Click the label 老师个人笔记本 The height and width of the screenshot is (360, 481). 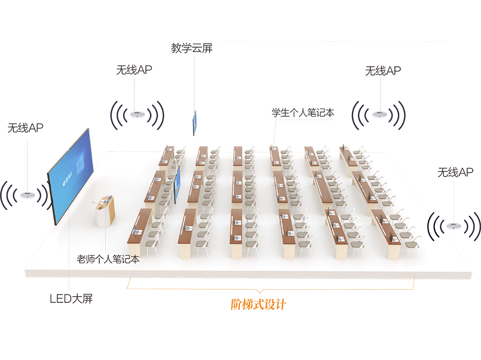(108, 260)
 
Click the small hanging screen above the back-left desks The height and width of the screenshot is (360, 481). (195, 123)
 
